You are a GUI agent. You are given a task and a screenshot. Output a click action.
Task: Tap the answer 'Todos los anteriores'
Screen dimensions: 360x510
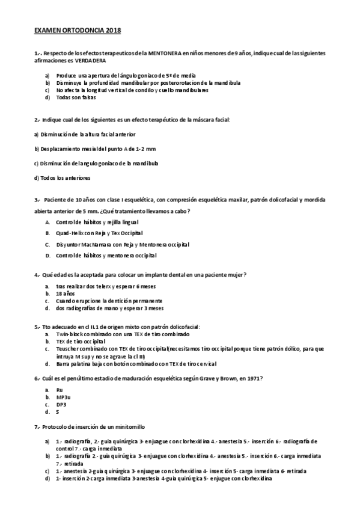[62, 177]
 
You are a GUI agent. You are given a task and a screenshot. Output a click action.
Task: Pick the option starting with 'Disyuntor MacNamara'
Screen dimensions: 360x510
[123, 244]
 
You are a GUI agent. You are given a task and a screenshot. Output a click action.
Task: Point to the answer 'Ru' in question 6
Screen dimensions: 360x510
[59, 390]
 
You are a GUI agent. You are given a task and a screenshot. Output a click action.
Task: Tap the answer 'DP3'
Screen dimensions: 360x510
[61, 405]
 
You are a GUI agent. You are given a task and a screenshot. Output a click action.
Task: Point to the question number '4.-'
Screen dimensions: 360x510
[37, 274]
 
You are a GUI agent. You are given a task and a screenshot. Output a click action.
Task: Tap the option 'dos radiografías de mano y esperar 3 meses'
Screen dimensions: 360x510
[109, 308]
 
